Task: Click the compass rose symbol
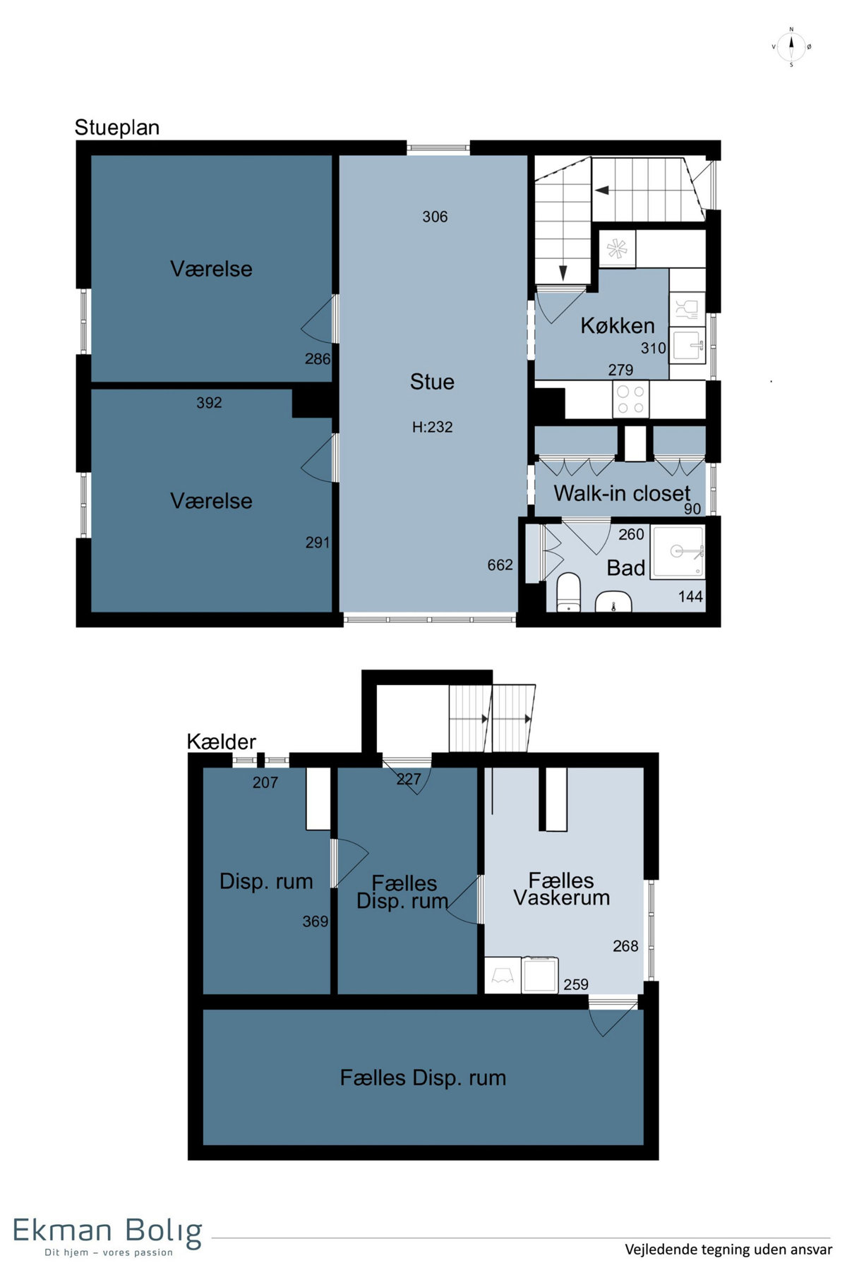pyautogui.click(x=791, y=47)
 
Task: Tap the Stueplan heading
pyautogui.click(x=117, y=128)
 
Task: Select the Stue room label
pyautogui.click(x=432, y=382)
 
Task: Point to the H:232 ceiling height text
pyautogui.click(x=432, y=427)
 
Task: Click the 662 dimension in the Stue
pyautogui.click(x=500, y=565)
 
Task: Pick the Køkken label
pyautogui.click(x=618, y=326)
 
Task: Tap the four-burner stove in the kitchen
pyautogui.click(x=630, y=399)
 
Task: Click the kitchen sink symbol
pyautogui.click(x=688, y=345)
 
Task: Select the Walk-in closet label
pyautogui.click(x=622, y=493)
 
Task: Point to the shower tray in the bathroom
pyautogui.click(x=678, y=551)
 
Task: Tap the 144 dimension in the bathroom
pyautogui.click(x=690, y=597)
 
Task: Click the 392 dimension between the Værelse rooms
pyautogui.click(x=209, y=403)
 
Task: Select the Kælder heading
pyautogui.click(x=221, y=742)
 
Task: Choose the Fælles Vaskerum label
pyautogui.click(x=562, y=889)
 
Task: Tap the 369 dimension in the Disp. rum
pyautogui.click(x=315, y=921)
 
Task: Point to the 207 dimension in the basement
pyautogui.click(x=265, y=782)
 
